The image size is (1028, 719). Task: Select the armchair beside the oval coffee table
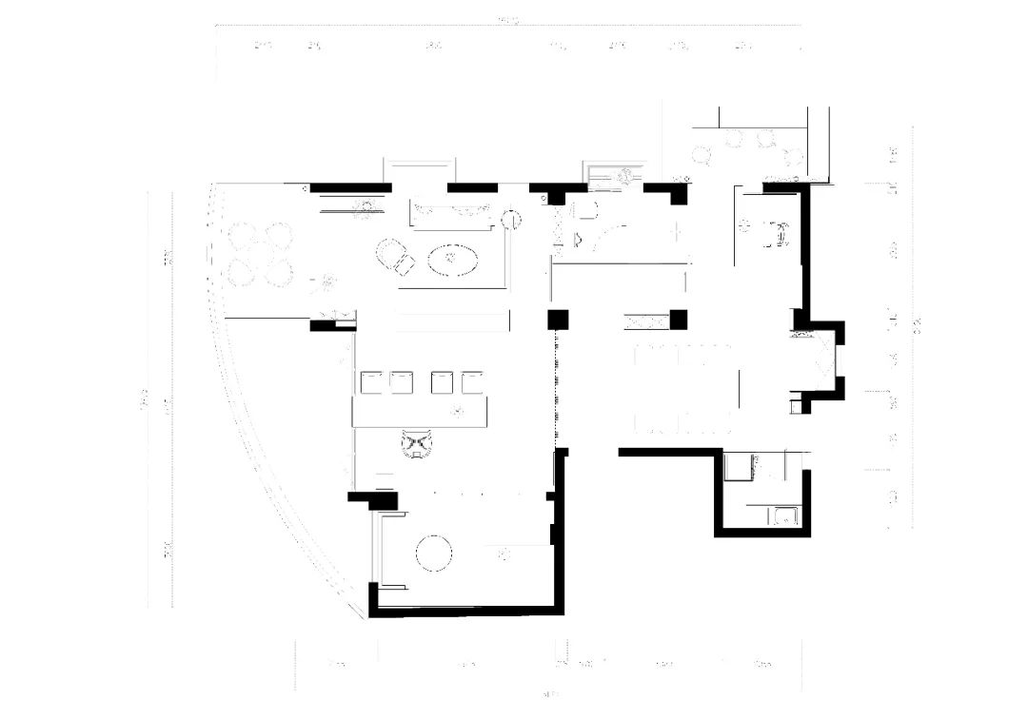[x=393, y=256]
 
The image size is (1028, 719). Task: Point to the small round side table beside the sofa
[x=511, y=220]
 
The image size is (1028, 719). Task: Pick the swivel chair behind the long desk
[x=416, y=444]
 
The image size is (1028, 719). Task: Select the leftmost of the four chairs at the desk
[x=370, y=382]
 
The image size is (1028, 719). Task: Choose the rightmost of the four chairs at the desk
[x=472, y=382]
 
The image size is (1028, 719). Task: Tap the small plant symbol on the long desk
[x=458, y=411]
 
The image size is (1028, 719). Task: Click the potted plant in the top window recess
[x=626, y=175]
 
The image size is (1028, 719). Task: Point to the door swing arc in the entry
[x=609, y=233]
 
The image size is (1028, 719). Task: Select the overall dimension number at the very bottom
[x=549, y=692]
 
